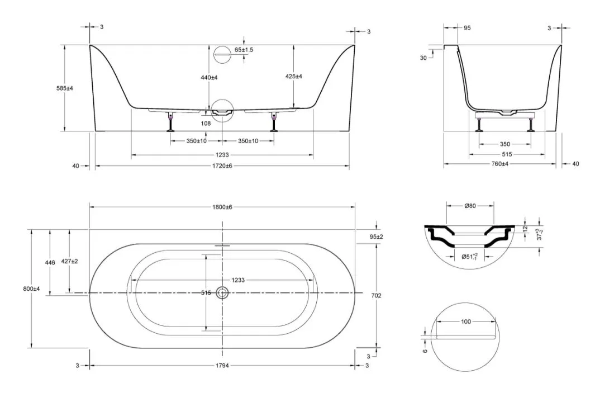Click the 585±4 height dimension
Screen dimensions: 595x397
[64, 88]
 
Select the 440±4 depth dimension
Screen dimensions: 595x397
[209, 78]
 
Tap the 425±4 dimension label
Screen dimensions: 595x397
[294, 77]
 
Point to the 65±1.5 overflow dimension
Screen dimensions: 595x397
[244, 50]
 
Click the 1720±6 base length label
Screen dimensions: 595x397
[222, 166]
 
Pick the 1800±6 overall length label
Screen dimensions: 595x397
[222, 207]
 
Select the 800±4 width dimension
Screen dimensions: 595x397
[31, 289]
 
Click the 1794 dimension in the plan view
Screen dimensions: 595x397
[222, 366]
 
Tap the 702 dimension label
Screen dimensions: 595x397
[376, 295]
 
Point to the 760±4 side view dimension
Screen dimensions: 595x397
[500, 164]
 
